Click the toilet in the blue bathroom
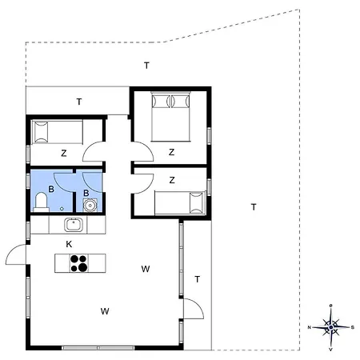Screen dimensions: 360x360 tap(41, 202)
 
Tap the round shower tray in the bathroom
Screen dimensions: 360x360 tap(90, 206)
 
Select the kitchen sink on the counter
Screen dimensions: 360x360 tap(74, 225)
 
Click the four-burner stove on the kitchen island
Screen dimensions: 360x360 tap(79, 263)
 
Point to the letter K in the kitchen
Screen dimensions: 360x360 tap(69, 244)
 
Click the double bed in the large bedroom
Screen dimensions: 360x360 tap(170, 116)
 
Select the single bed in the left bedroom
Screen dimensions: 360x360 tap(57, 132)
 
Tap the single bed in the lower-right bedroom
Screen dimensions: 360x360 tap(180, 203)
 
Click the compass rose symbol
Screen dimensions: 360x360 tap(331, 327)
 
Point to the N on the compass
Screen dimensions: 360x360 tap(310, 327)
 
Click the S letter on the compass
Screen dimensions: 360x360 tap(353, 327)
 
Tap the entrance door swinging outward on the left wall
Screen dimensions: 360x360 tap(16, 254)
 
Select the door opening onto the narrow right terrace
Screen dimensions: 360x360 tap(194, 309)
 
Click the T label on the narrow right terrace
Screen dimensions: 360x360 tap(198, 279)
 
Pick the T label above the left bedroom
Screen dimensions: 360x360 tap(79, 102)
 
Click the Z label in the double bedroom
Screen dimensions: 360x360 tap(171, 152)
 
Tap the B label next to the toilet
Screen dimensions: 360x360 tap(51, 189)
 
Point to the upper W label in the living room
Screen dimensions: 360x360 tap(146, 269)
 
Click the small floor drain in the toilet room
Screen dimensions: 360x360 tap(62, 209)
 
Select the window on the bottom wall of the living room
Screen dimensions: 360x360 tap(98, 348)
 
